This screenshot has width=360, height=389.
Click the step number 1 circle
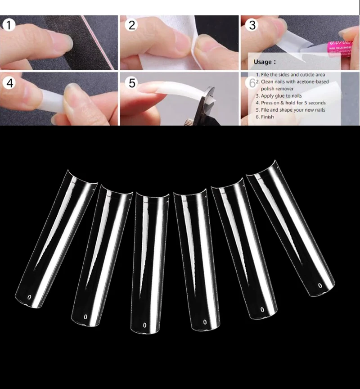click(x=9, y=25)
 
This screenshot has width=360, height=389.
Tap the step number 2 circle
click(x=131, y=25)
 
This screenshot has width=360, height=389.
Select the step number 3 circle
click(x=252, y=25)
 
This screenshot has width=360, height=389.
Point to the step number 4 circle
click(x=10, y=83)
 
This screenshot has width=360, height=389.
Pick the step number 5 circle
click(x=132, y=83)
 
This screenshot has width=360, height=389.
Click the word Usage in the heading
click(x=263, y=62)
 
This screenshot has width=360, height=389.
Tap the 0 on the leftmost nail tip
click(x=30, y=297)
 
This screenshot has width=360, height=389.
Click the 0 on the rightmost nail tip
click(x=320, y=285)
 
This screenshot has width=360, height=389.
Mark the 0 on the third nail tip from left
click(x=144, y=325)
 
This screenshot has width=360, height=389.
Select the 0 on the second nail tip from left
click(x=85, y=317)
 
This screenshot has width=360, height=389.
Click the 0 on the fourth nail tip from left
click(x=205, y=322)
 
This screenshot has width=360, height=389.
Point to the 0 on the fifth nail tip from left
click(x=262, y=310)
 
